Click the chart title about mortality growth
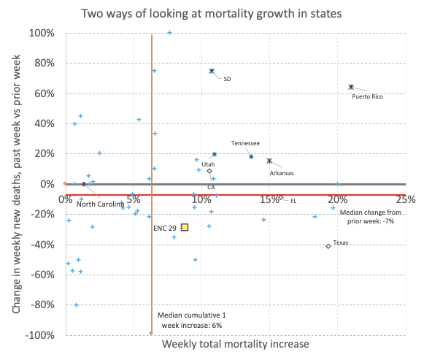pos(212,13)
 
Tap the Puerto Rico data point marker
pos(351,87)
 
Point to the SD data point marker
pos(212,71)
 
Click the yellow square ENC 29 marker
pos(185,227)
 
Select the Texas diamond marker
pos(328,246)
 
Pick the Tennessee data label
pos(246,143)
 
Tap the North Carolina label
pos(99,204)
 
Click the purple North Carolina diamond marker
pos(84,184)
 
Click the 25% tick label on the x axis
pos(405,199)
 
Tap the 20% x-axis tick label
pos(337,199)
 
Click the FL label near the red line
pos(293,200)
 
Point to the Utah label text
pos(208,164)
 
